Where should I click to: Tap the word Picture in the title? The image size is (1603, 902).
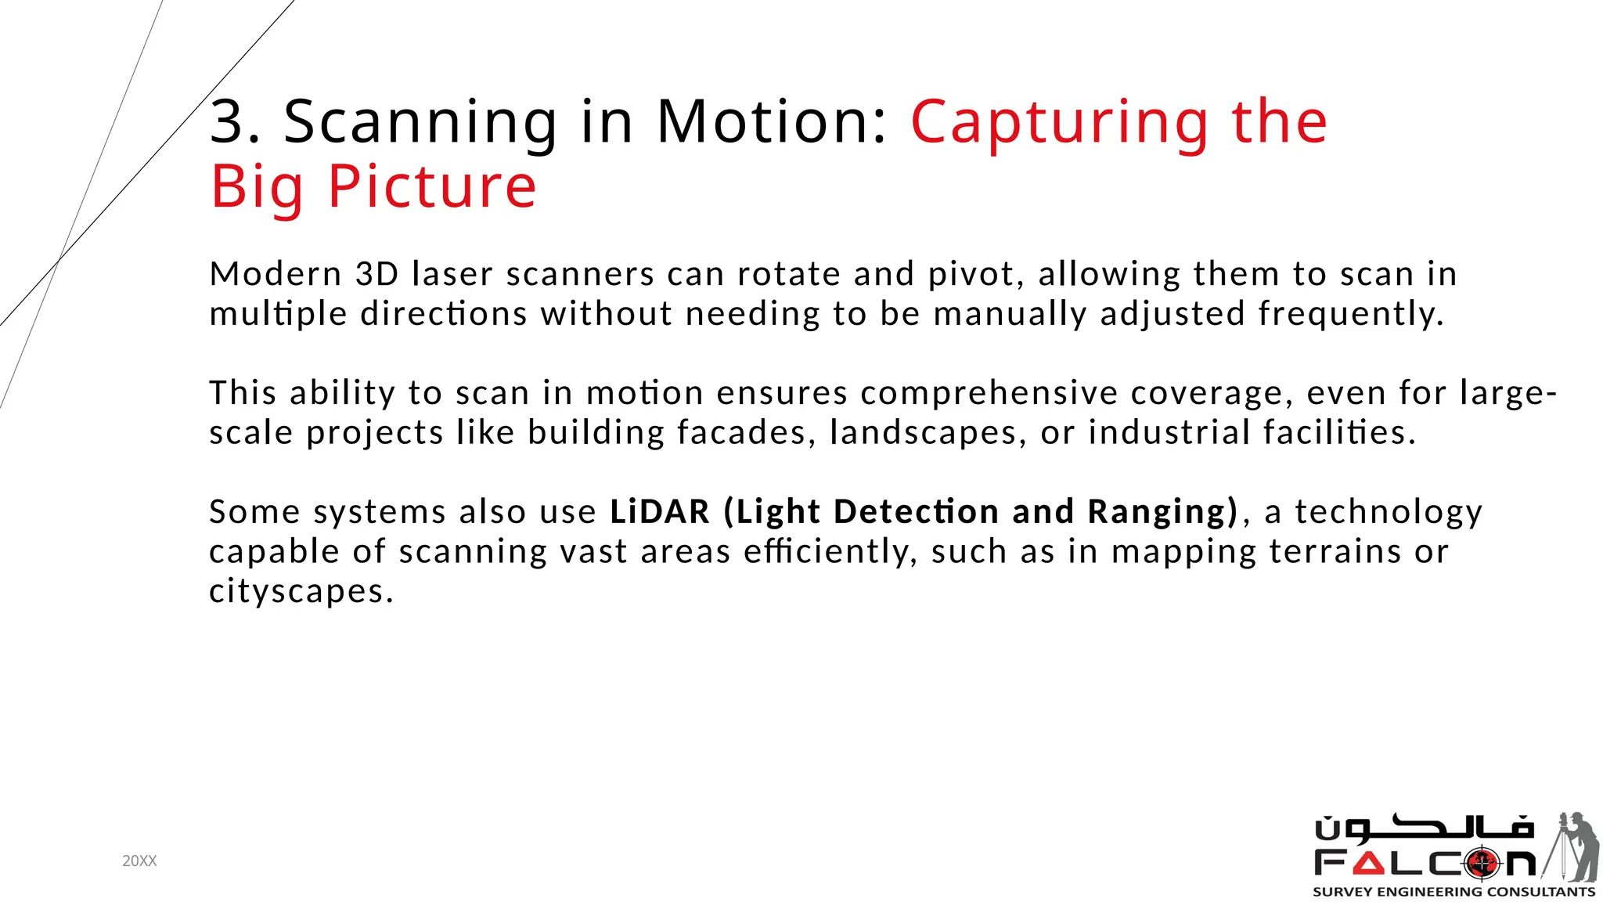432,188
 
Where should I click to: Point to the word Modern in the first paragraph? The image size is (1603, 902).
276,274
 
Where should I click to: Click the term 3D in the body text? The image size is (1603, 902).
377,274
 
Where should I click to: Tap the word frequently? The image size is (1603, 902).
1349,315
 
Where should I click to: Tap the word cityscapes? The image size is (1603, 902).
300,591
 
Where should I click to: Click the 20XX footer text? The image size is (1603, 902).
139,861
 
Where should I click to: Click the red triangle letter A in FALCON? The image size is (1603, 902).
1368,864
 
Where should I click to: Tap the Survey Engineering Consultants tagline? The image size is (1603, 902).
1454,892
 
